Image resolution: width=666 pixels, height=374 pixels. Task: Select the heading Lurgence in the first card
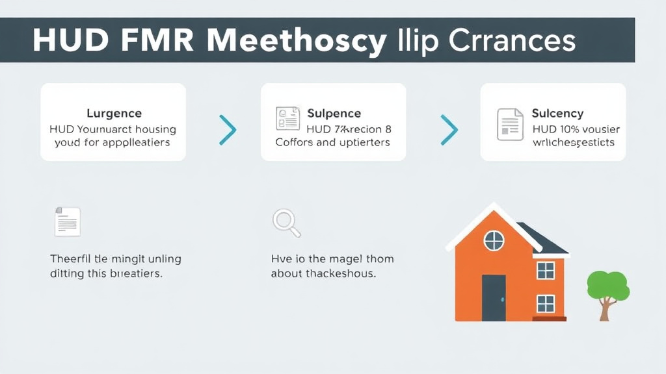point(114,114)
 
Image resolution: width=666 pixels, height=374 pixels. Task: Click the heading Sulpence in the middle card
point(334,114)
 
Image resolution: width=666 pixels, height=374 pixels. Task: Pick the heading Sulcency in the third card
point(557,114)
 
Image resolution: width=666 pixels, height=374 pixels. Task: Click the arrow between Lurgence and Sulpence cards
point(227,130)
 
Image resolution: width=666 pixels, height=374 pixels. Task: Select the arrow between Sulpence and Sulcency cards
point(449,130)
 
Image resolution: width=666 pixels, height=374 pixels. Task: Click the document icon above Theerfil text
point(67,221)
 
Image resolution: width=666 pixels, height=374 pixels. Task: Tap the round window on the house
point(494,241)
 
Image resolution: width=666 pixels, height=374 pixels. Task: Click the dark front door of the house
point(494,297)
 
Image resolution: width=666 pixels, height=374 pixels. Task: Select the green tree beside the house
point(608,286)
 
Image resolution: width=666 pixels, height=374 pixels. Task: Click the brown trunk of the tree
point(606,310)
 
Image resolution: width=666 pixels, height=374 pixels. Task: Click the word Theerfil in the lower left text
point(70,258)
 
